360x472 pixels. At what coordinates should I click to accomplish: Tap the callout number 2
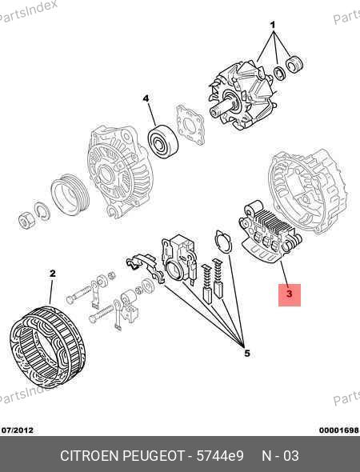[x=52, y=274]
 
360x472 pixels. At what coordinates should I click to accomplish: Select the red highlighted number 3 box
[x=290, y=295]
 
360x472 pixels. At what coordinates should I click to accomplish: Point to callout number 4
[x=146, y=98]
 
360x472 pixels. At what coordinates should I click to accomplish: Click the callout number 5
[x=247, y=353]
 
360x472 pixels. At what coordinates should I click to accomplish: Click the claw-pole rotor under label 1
[x=242, y=96]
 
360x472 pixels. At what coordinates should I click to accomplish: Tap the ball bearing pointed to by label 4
[x=163, y=141]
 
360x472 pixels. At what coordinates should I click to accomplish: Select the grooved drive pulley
[x=70, y=194]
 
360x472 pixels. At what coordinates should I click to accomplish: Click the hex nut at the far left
[x=26, y=220]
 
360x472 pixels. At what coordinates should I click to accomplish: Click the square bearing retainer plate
[x=190, y=125]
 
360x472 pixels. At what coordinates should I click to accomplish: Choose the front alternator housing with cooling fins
[x=120, y=171]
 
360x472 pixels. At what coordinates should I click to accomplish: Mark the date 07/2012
[x=18, y=430]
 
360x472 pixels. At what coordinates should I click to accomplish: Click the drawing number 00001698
[x=339, y=430]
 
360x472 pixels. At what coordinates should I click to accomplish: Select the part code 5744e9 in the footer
[x=220, y=456]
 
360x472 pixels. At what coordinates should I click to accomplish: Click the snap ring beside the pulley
[x=42, y=211]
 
